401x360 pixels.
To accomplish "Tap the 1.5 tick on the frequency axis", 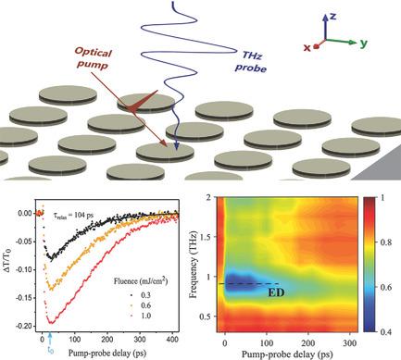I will [x=211, y=237].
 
